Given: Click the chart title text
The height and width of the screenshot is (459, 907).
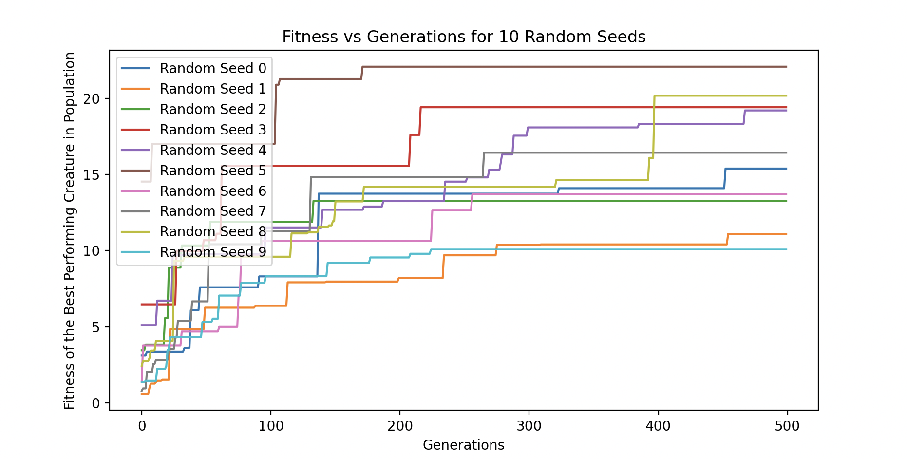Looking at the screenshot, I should pos(463,37).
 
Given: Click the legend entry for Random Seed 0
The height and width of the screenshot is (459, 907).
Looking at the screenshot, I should pos(213,69).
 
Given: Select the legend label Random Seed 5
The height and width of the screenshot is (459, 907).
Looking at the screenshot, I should pos(213,171).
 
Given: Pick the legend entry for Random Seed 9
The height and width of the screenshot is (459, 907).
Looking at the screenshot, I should pos(213,252).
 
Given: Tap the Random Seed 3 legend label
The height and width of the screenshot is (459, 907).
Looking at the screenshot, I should pos(213,130).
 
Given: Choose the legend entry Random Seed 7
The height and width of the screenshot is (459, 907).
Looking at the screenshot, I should pos(213,211).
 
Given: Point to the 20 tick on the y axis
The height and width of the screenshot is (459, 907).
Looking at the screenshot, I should pos(92,99).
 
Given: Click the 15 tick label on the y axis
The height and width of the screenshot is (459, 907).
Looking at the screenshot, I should pos(92,175).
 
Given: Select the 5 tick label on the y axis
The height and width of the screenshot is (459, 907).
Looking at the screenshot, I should pos(95,327).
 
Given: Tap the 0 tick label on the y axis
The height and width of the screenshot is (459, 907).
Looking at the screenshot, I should pos(95,403).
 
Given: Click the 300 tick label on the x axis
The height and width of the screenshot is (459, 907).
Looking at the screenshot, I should pos(529,426).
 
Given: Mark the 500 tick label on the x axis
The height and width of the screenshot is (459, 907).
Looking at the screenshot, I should pos(787,426).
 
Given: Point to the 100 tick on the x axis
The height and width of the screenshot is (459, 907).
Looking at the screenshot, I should pos(271,426).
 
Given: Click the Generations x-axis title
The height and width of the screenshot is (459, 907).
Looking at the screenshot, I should pos(463,445).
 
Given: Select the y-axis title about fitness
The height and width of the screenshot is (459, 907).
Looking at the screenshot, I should pos(70,230).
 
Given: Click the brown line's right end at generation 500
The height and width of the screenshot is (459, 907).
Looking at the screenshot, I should pos(787,67).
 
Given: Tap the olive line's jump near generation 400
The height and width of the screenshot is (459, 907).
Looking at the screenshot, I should pos(654,127).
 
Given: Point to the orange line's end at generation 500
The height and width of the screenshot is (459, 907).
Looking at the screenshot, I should pos(787,234).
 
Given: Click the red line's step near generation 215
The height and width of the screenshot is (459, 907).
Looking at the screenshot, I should pos(420,121).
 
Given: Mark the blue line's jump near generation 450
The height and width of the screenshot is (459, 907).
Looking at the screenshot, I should pos(725,178).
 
